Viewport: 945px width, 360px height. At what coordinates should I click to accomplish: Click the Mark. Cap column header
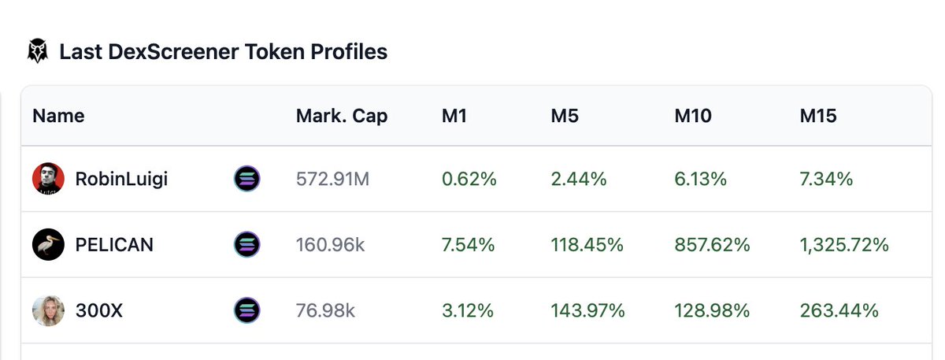click(342, 116)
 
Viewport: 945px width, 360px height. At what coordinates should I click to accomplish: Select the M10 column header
click(693, 116)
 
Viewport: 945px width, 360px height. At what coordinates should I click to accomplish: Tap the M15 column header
click(818, 116)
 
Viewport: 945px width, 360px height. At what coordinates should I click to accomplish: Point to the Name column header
click(58, 116)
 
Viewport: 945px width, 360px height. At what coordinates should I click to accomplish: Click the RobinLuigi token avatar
click(48, 179)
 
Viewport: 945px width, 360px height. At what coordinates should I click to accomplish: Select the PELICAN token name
click(114, 245)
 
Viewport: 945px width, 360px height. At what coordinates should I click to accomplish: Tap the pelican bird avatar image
click(48, 245)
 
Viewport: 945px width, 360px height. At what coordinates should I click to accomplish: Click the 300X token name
click(98, 311)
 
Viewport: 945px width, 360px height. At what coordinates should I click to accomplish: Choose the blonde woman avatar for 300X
click(48, 311)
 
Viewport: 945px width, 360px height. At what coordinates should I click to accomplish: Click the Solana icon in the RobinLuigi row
click(247, 179)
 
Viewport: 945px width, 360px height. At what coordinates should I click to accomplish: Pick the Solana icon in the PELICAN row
click(247, 245)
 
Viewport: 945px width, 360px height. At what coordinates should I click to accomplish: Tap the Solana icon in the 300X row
click(247, 311)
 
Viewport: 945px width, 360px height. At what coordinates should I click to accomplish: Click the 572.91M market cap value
click(332, 179)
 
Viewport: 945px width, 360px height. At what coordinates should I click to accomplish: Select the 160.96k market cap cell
click(330, 245)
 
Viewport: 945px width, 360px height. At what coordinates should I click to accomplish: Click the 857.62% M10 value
click(712, 245)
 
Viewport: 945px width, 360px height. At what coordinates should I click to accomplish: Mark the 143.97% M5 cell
click(587, 311)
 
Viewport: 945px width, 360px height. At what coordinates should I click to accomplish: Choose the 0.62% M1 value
click(469, 179)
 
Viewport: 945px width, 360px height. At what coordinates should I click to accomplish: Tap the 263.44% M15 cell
click(839, 311)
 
